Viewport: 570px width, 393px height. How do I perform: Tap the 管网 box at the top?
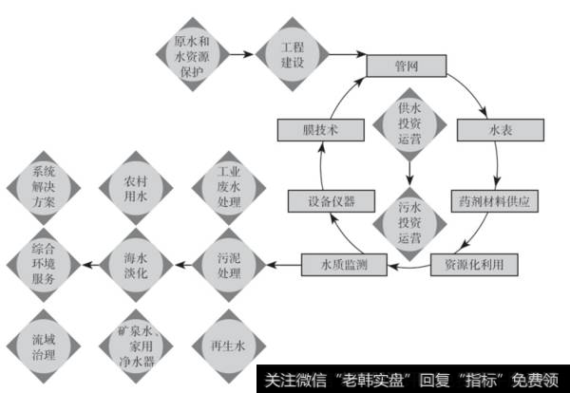click(x=405, y=66)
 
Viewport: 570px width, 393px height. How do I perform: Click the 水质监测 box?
click(x=340, y=263)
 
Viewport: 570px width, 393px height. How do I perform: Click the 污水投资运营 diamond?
click(x=409, y=220)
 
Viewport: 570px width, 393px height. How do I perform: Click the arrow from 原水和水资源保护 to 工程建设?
click(x=241, y=55)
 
